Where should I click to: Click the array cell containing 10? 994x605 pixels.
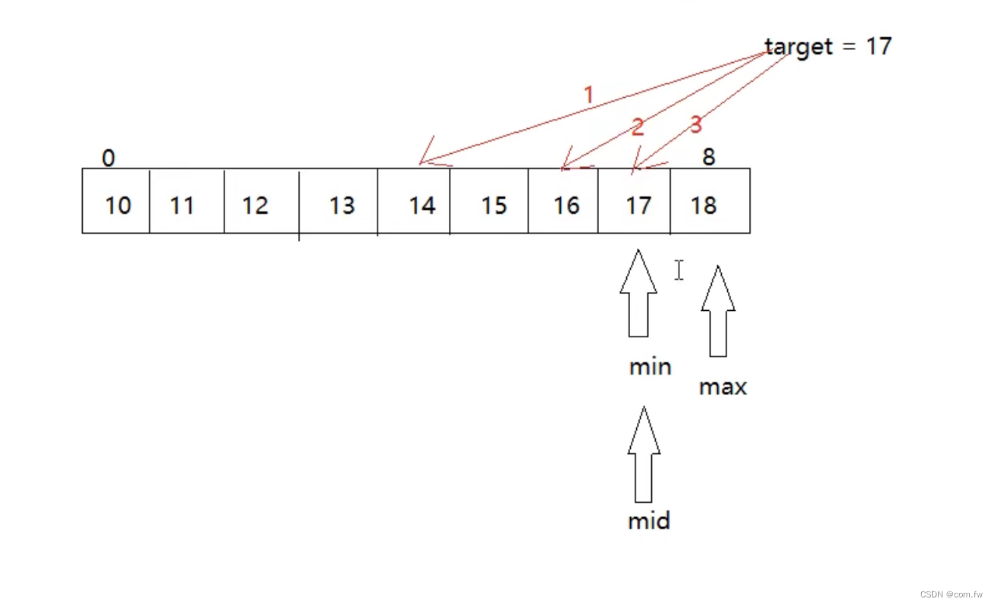coord(116,201)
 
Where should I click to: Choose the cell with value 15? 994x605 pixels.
coord(489,201)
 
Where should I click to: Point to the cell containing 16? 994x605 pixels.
coord(563,201)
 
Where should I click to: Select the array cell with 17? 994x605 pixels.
coord(635,201)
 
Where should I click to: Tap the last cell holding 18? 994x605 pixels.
coord(710,201)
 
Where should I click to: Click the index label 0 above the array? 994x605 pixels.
coord(108,158)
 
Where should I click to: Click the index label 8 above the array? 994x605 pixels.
coord(708,157)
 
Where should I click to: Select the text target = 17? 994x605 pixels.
coord(828,47)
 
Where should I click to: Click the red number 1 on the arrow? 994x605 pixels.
coord(588,96)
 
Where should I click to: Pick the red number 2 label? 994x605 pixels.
coord(637,127)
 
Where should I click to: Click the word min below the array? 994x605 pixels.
coord(650,367)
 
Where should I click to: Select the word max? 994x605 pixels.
coord(723,387)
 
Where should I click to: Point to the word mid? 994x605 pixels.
coord(649,521)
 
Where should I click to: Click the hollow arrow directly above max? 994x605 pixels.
coord(718,311)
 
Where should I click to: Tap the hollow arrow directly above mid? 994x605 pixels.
coord(644,454)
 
